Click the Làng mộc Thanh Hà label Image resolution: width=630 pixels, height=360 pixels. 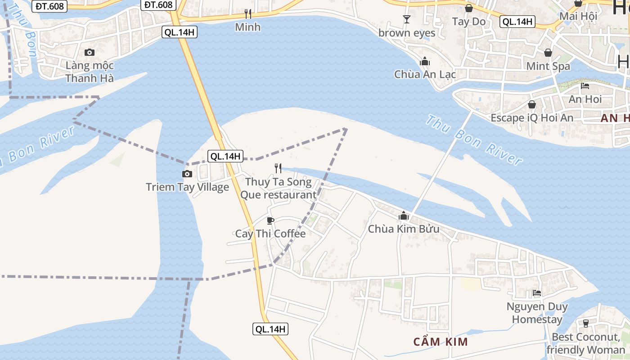(90, 72)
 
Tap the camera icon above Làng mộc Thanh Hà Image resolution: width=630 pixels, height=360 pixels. (90, 52)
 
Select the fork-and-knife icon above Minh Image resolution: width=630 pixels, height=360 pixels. (247, 14)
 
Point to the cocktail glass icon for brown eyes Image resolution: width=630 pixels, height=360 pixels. (407, 19)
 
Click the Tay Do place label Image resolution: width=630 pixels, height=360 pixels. (469, 21)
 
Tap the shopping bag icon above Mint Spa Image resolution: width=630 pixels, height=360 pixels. (548, 53)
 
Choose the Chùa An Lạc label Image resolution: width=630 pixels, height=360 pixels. (425, 74)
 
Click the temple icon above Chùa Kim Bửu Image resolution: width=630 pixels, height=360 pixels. (404, 216)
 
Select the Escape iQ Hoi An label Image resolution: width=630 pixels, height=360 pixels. (532, 118)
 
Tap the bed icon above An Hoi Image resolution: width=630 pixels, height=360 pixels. (585, 85)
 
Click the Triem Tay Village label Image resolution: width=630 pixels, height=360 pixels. (187, 187)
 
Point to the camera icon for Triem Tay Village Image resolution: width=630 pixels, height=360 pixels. (187, 174)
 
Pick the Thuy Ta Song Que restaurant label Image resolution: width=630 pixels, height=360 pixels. (279, 189)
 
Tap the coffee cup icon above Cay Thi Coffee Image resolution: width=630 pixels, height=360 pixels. (270, 220)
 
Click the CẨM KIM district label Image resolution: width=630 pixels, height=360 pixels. (441, 342)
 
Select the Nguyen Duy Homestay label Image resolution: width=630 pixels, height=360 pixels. (537, 313)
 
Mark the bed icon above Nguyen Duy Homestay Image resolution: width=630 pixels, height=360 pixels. (537, 293)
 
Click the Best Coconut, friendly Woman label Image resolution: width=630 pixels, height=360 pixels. (585, 343)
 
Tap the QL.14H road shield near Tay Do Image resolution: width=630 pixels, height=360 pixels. (517, 22)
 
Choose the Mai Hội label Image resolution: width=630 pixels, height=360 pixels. (578, 16)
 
